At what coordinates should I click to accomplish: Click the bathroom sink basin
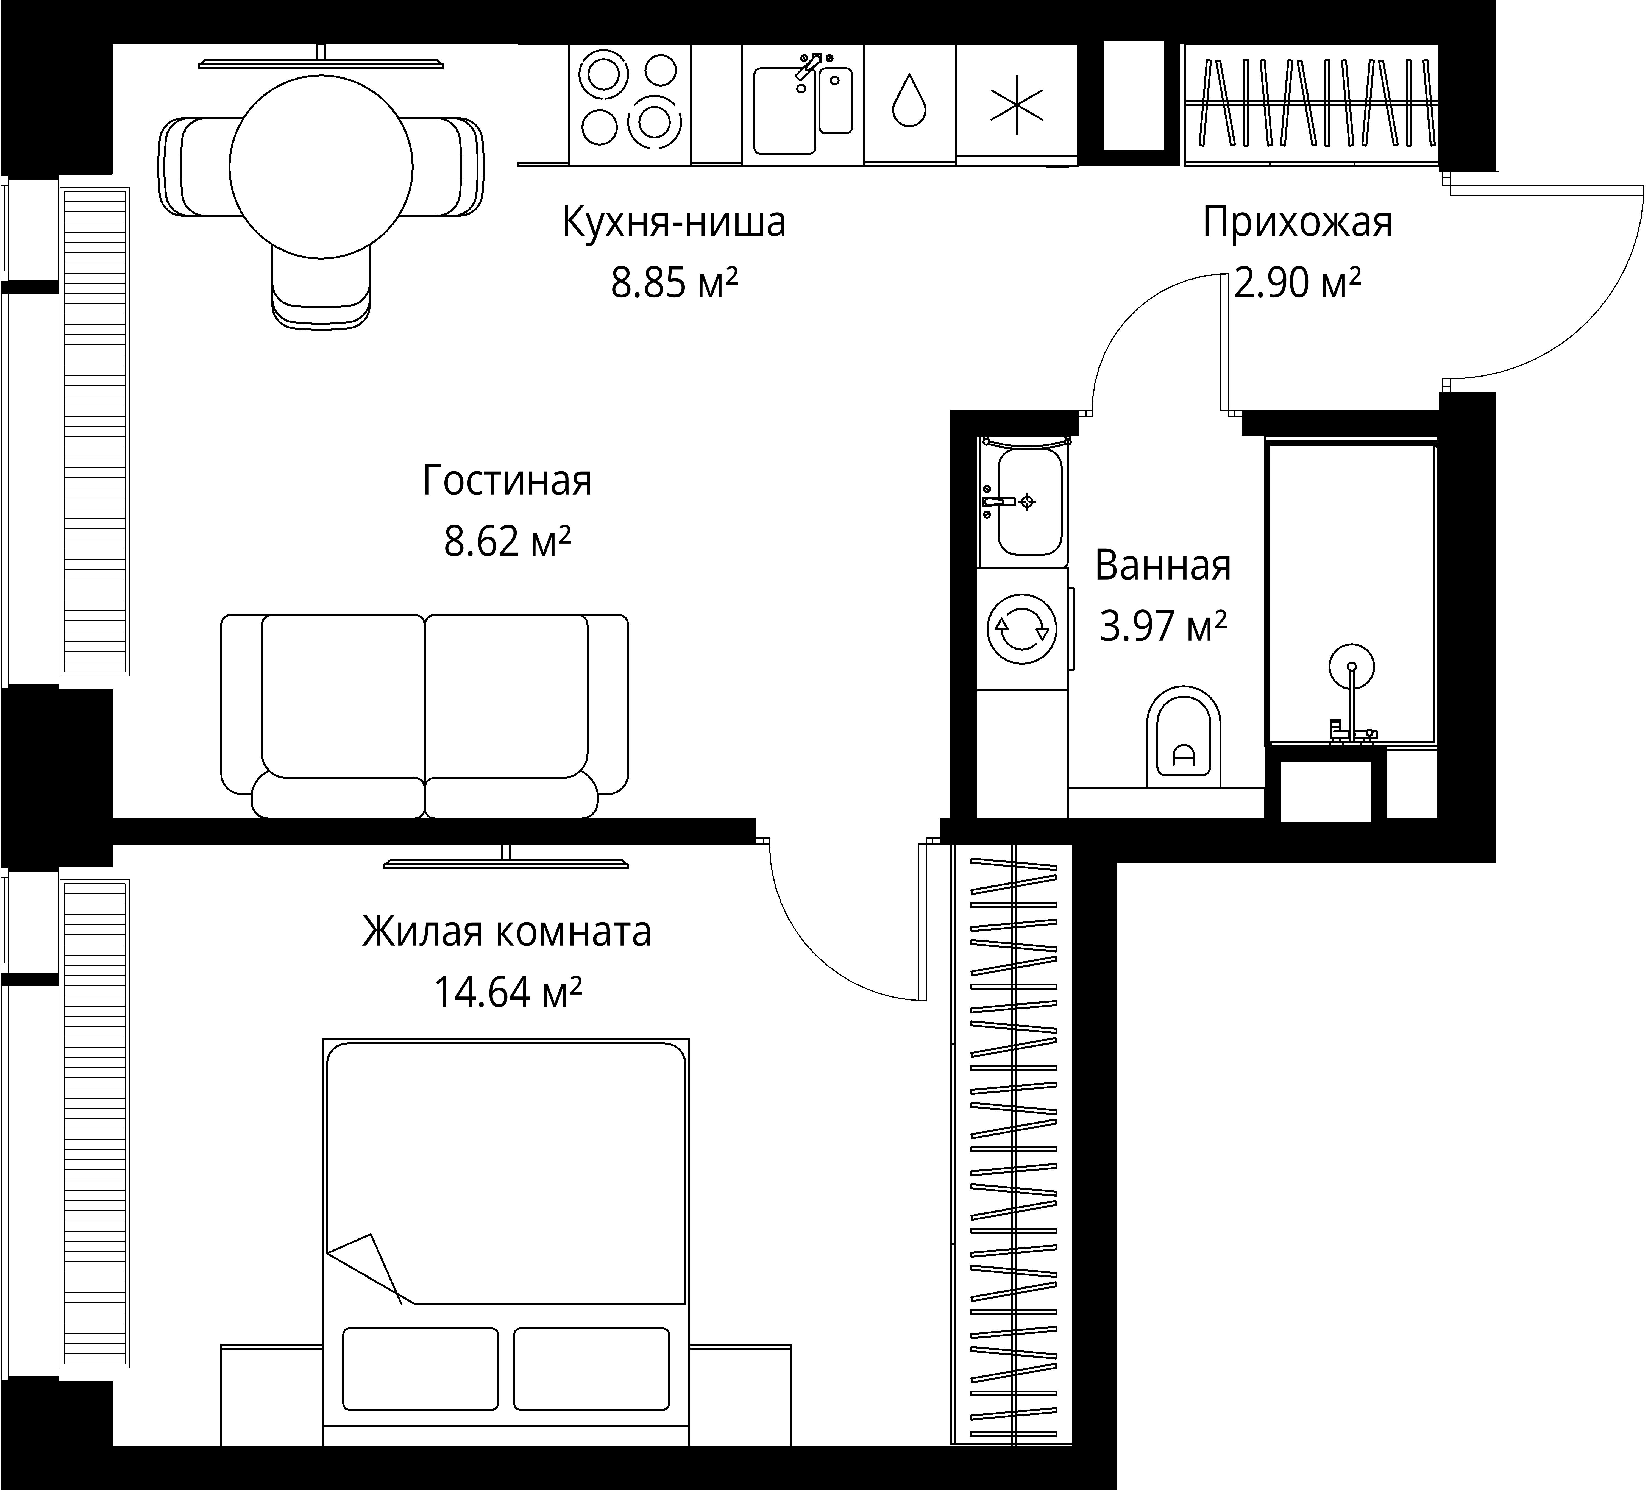(x=1029, y=500)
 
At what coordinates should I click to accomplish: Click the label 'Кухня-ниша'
(x=673, y=222)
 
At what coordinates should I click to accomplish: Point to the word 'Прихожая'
(x=1297, y=222)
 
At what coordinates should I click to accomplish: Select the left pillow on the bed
(x=420, y=1369)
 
